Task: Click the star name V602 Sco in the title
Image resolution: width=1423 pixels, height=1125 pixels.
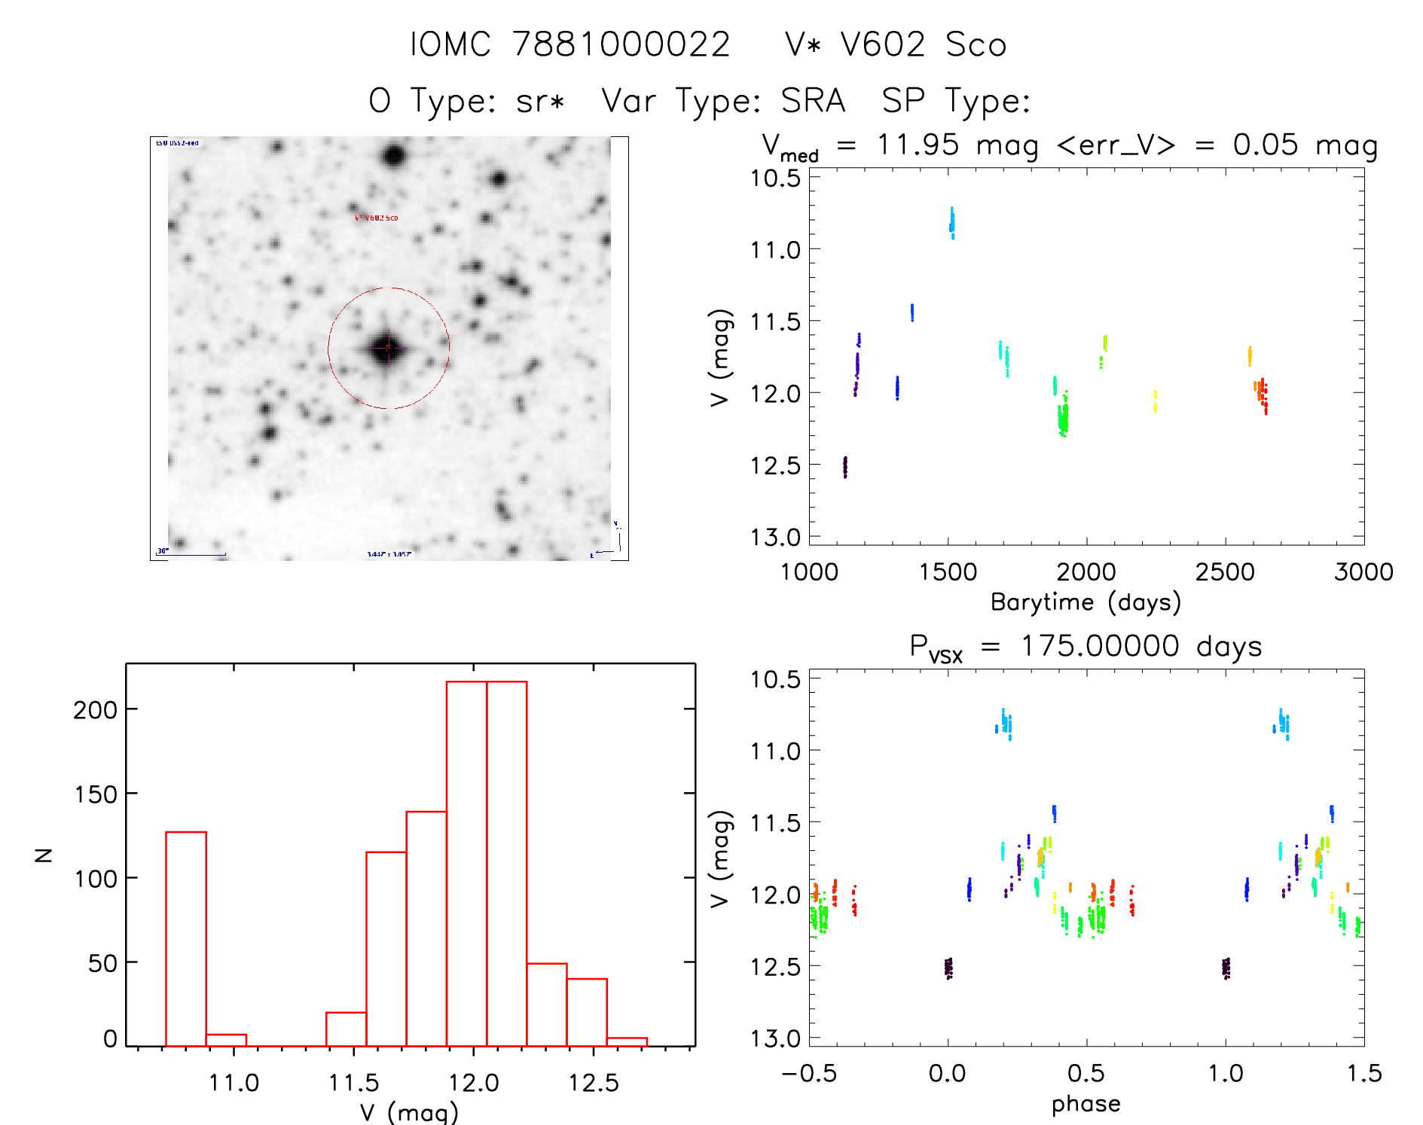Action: coord(895,45)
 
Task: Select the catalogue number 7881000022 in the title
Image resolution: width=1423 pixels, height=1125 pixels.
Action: coord(621,45)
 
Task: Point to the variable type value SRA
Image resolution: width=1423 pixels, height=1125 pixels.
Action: coord(813,101)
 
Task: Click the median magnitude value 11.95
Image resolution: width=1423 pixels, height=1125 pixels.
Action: coord(918,145)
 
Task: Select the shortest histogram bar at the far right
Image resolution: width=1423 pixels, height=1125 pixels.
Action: coord(627,1042)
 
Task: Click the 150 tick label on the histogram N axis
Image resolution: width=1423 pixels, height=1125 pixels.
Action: coord(96,794)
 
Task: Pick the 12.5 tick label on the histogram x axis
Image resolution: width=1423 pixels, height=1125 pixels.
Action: coord(594,1083)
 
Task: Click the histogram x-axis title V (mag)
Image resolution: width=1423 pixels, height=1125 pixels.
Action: coord(409,1112)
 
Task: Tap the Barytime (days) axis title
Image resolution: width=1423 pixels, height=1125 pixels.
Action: coord(1086,602)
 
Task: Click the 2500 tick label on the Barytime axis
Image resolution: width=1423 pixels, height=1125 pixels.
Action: coord(1225,572)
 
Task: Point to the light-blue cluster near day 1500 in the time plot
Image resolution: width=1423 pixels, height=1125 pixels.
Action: coord(952,223)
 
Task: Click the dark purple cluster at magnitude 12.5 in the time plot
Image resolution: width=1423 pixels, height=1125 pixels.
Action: coord(845,467)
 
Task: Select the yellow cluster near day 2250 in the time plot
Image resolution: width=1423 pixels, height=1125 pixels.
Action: coord(1155,401)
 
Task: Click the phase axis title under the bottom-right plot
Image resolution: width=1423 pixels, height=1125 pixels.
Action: coord(1086,1104)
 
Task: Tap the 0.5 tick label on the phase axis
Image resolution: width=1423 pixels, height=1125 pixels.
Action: coord(1086,1074)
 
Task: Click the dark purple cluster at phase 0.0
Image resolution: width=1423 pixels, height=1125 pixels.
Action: coord(948,968)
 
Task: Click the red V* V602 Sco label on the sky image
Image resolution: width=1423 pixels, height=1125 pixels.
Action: coord(377,218)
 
